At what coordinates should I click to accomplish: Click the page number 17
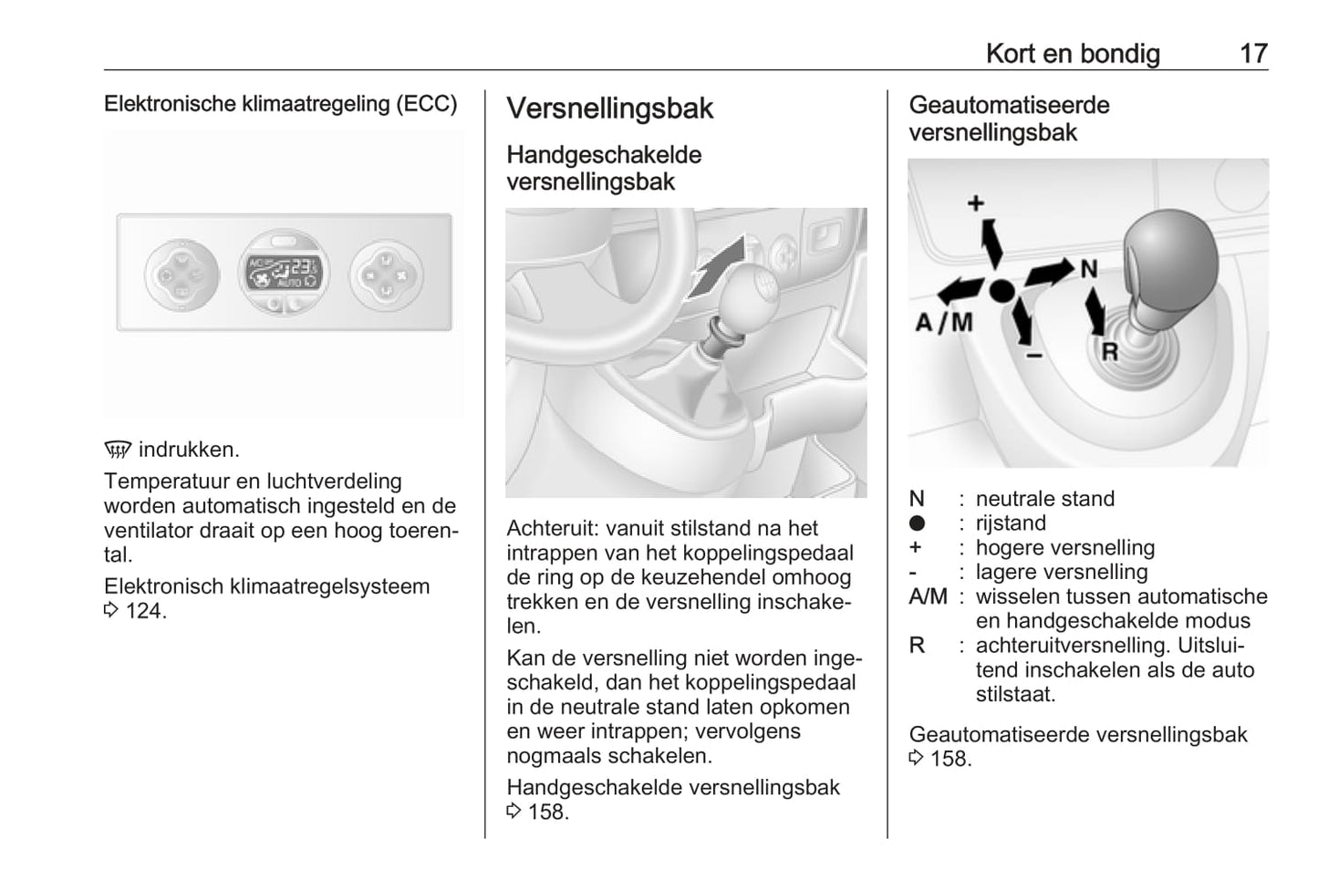point(1253,54)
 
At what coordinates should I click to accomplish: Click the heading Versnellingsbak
point(609,109)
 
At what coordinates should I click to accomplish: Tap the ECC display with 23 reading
point(284,273)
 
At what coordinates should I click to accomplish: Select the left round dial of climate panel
point(182,273)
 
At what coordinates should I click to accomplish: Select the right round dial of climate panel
point(386,273)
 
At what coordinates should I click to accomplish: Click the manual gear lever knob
point(751,290)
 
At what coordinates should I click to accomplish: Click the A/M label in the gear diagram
point(944,322)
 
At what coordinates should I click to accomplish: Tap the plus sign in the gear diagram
point(976,202)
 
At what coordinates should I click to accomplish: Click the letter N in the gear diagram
point(1088,269)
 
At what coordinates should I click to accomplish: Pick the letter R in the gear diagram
point(1110,351)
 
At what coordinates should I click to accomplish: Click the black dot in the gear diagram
point(1001,291)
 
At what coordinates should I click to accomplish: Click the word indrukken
point(189,450)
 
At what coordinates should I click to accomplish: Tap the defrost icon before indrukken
point(118,450)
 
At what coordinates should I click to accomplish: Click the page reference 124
point(146,611)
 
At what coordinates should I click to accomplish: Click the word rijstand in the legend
point(1011,523)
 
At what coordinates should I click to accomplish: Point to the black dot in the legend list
point(917,523)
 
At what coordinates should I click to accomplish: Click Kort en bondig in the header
point(1073,54)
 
